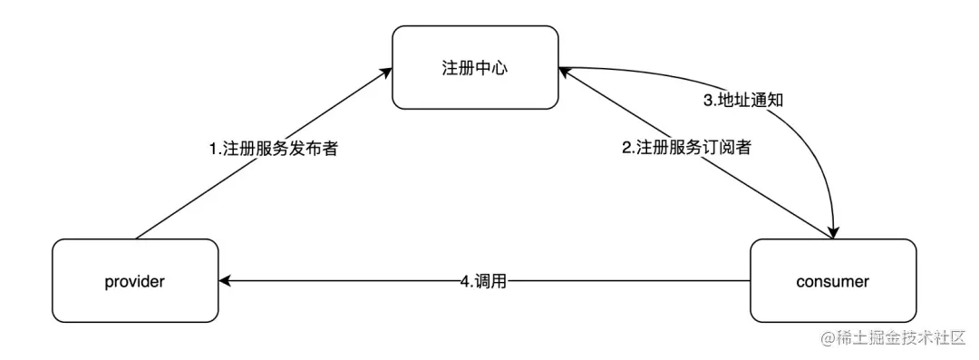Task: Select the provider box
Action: point(135,280)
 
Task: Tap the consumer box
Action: point(833,280)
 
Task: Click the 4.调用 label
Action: point(482,282)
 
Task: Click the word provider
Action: point(135,281)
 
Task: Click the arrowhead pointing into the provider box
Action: point(225,281)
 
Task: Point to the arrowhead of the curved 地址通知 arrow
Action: point(832,231)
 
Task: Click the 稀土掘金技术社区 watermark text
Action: point(903,339)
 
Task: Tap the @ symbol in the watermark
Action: point(828,339)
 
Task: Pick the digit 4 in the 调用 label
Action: point(463,282)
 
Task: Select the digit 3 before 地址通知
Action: point(709,100)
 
